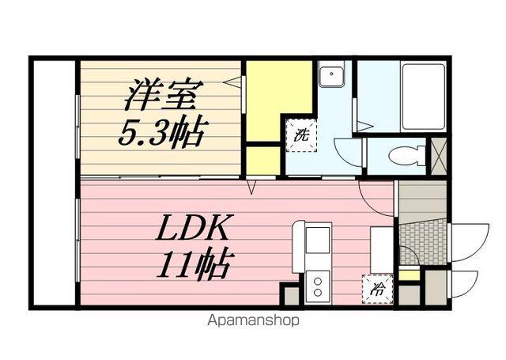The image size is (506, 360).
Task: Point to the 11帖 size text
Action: [x=194, y=263]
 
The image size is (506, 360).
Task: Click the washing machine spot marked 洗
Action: [x=301, y=135]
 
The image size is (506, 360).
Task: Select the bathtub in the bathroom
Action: [x=425, y=97]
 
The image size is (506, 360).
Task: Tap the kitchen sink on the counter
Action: [x=319, y=238]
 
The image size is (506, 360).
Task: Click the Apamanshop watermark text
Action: [x=253, y=321]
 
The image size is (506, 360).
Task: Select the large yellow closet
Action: [x=278, y=99]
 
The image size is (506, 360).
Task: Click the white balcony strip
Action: [x=53, y=182]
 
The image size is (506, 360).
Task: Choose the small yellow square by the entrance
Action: [x=409, y=275]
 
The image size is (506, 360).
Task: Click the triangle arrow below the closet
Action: [x=253, y=188]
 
